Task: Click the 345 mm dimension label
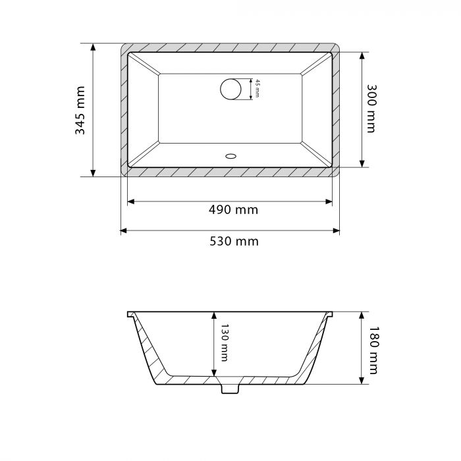point(80,110)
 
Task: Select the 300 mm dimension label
point(371,109)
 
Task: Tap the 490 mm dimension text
point(233,210)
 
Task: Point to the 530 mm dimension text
point(234,242)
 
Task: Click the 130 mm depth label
point(225,342)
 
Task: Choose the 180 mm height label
point(373,350)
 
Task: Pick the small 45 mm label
point(257,88)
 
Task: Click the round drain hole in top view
point(230,89)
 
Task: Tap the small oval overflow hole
point(230,156)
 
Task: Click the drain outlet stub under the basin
point(230,389)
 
